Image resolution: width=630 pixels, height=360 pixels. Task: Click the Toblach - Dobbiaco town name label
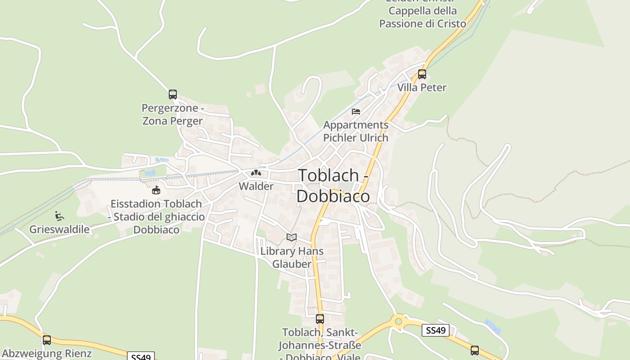(333, 185)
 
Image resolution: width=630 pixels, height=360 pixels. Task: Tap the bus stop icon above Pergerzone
(173, 94)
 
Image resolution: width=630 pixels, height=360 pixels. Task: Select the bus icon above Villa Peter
(422, 74)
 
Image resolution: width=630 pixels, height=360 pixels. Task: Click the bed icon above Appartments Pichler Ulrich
(356, 112)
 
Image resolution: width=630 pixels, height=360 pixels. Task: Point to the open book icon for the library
(292, 237)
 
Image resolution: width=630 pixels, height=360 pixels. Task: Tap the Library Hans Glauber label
(292, 257)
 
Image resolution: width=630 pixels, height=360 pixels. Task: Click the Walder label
(256, 186)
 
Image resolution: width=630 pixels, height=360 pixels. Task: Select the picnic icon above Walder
(256, 173)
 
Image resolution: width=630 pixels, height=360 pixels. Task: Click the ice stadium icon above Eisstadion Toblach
(156, 190)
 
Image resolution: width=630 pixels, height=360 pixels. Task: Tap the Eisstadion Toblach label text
(156, 216)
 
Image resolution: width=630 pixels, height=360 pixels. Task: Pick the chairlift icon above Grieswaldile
(59, 216)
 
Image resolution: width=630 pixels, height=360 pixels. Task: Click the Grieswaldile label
(59, 229)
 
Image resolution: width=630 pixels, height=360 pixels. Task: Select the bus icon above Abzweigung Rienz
(47, 340)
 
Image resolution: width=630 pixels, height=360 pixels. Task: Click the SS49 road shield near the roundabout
(436, 331)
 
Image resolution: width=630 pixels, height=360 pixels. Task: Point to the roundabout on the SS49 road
(398, 321)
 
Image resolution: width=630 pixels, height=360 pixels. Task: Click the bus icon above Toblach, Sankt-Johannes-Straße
(319, 319)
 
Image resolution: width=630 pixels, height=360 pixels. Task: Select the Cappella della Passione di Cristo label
(423, 17)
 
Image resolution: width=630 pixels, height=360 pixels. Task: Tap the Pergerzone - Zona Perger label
(173, 114)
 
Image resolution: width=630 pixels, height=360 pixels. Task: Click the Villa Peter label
(422, 88)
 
